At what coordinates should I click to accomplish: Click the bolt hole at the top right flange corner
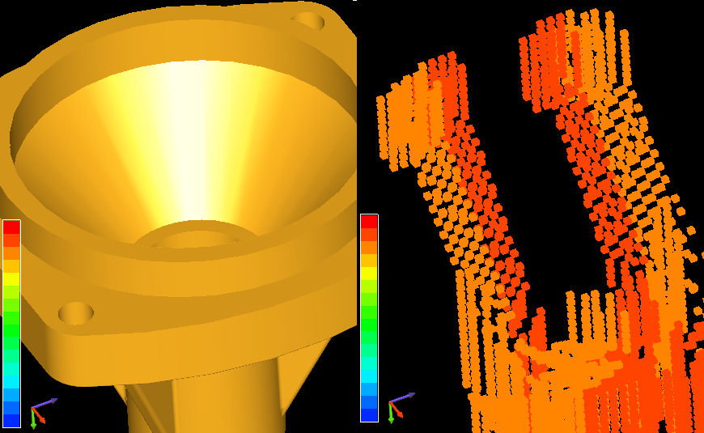click(308, 20)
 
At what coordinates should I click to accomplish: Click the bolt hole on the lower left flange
click(76, 312)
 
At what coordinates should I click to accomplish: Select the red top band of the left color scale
click(11, 227)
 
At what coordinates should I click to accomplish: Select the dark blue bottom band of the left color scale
click(11, 419)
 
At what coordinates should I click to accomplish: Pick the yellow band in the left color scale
click(11, 278)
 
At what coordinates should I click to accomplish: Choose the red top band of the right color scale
click(369, 221)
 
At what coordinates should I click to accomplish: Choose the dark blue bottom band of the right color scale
click(369, 414)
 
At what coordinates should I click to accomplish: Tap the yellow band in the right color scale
click(369, 273)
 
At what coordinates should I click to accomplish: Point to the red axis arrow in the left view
click(40, 417)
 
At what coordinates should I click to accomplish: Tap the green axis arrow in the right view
click(391, 416)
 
